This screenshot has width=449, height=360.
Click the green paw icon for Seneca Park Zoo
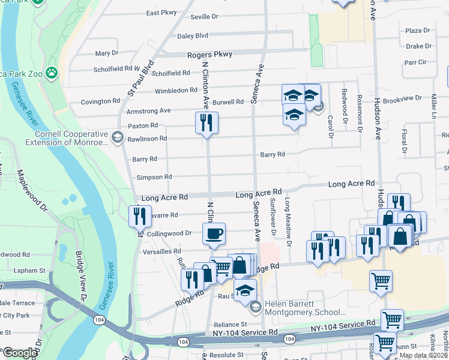click(52, 73)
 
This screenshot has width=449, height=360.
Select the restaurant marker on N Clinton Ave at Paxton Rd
click(206, 123)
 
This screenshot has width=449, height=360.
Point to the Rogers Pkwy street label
click(209, 54)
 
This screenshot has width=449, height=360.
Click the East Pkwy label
click(161, 13)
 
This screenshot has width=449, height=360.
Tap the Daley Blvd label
click(193, 36)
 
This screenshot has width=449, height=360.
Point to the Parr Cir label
click(415, 62)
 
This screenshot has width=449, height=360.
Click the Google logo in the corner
click(20, 353)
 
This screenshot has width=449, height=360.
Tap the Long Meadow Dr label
click(288, 222)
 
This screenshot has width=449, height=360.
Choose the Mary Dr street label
click(107, 53)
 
